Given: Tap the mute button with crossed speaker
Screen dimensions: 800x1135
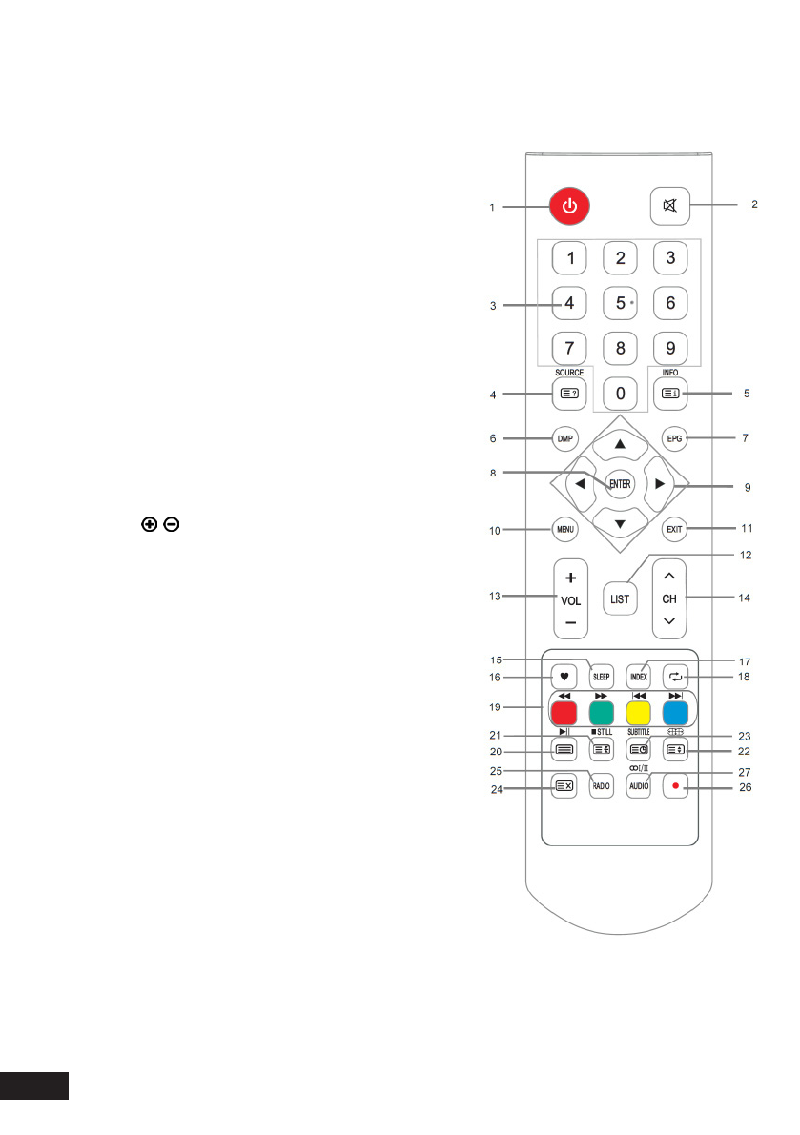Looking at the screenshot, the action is click(671, 205).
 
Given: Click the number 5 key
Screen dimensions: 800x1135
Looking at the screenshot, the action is click(621, 304).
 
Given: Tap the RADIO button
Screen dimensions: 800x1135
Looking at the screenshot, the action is click(601, 786).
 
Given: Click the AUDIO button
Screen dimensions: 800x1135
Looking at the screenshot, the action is click(638, 786).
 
